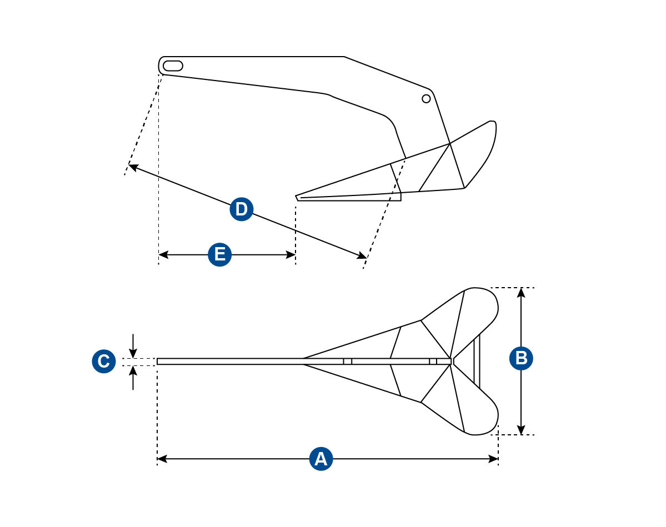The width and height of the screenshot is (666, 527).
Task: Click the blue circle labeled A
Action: pos(321,459)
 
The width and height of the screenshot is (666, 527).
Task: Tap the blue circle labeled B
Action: pos(521,358)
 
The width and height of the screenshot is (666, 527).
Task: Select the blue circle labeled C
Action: pos(104,362)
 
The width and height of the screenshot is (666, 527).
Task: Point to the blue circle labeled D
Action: pos(241,209)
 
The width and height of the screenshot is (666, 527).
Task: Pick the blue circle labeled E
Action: pos(219,255)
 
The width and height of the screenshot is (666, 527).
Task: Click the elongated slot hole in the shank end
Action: pos(173,66)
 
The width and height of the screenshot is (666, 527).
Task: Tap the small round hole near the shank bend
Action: pos(426,99)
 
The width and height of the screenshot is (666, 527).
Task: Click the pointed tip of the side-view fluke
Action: pos(296,196)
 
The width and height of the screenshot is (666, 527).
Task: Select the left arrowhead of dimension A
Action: pos(162,459)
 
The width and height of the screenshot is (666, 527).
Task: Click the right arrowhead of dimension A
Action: pos(493,459)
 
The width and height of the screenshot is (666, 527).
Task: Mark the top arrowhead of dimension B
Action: pos(522,293)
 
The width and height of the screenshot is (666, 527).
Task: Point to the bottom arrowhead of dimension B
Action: pos(522,430)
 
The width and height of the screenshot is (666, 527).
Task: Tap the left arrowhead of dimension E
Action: pos(163,255)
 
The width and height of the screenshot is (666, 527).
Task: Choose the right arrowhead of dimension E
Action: pos(291,255)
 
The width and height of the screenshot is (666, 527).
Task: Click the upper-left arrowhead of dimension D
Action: pos(133,167)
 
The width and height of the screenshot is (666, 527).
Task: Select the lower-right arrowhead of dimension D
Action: pos(362,255)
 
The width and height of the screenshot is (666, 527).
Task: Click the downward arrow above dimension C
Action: pos(133,346)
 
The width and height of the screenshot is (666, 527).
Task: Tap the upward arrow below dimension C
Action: pos(133,378)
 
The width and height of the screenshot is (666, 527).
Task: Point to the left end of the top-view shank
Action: pos(157,362)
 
